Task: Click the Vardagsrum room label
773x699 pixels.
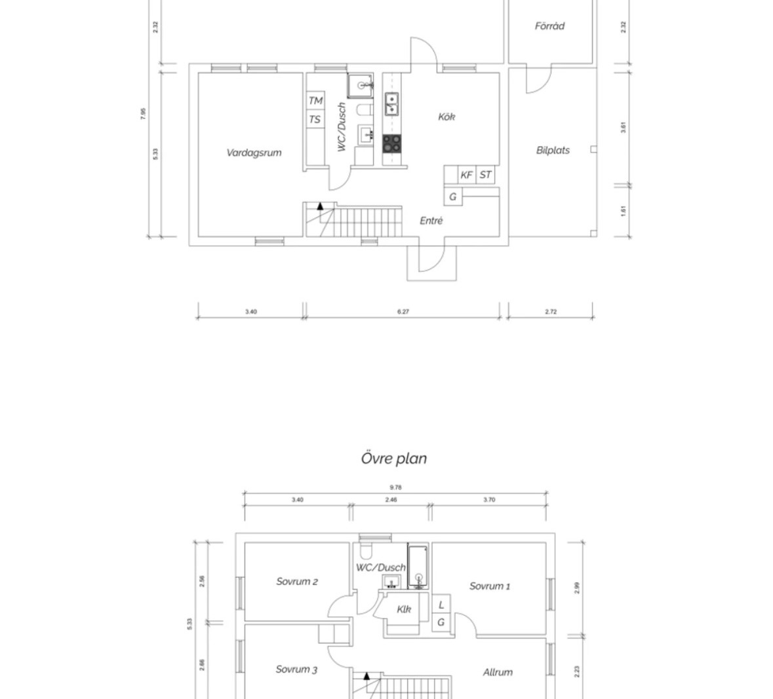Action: click(254, 153)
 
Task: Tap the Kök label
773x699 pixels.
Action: click(446, 117)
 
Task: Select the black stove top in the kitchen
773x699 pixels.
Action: click(392, 143)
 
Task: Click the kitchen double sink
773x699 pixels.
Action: click(391, 104)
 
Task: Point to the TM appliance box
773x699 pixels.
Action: click(315, 100)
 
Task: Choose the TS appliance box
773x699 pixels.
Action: click(315, 119)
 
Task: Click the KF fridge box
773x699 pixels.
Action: click(467, 175)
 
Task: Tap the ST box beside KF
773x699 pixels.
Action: click(486, 175)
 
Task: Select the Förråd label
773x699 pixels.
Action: click(549, 26)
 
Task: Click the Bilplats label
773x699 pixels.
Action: click(553, 150)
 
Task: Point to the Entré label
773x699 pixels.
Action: click(431, 221)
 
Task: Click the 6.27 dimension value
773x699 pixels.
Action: click(403, 311)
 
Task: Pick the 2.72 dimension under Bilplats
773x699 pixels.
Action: click(551, 311)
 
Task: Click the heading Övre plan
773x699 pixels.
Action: click(394, 458)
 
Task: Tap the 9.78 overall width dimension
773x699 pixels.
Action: click(395, 487)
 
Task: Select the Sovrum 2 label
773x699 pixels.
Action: click(297, 581)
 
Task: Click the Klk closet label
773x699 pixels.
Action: click(405, 609)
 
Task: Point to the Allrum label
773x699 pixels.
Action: click(498, 672)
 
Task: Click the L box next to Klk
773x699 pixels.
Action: click(441, 604)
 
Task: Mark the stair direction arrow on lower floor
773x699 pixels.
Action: click(320, 206)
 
